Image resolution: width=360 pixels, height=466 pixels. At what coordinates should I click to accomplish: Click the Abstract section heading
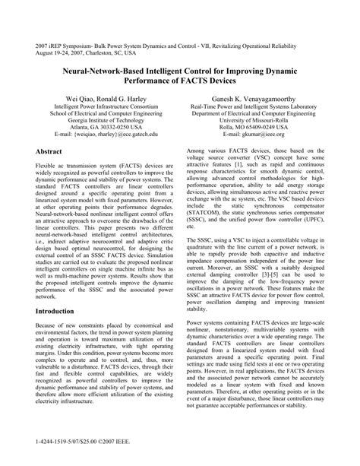tap(51, 152)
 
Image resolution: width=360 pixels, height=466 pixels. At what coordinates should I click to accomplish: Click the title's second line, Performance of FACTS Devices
tap(180, 78)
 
